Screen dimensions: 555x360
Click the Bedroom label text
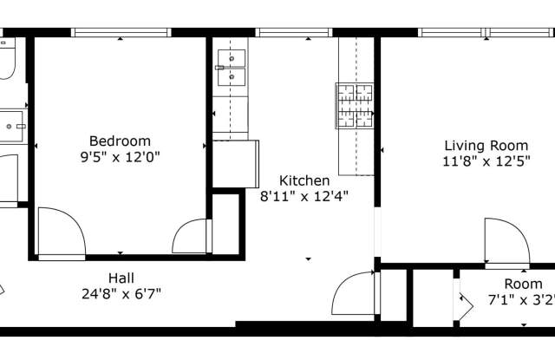[120, 141]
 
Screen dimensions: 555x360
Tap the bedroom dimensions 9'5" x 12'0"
[120, 156]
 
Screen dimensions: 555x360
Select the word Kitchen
[304, 180]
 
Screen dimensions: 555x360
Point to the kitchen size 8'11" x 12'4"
[304, 196]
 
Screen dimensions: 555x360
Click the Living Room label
[486, 146]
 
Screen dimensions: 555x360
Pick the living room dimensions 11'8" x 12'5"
[486, 161]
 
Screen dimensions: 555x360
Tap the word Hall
[121, 278]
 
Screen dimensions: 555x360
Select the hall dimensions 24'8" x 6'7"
[121, 293]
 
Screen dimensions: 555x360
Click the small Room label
[523, 284]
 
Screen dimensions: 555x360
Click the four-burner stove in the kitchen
[355, 106]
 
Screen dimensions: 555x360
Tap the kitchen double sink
[232, 68]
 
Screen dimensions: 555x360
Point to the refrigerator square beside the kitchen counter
[235, 164]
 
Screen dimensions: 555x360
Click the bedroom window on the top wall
[121, 33]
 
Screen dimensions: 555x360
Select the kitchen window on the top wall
[294, 33]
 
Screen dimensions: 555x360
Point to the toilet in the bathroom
[7, 58]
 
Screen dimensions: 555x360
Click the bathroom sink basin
[10, 127]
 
